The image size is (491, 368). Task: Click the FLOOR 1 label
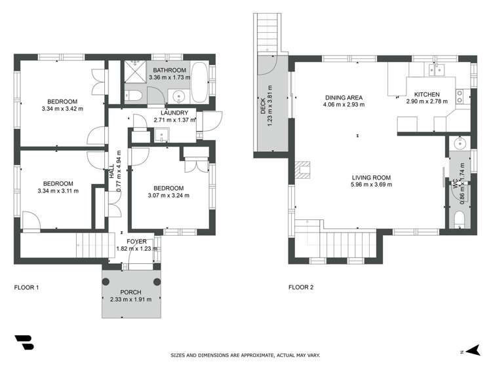27,287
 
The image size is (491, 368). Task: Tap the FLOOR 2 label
302,287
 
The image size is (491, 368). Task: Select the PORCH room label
130,292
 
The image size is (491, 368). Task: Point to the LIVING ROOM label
371,177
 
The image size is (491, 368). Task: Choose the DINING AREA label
344,97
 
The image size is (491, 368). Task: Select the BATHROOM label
169,70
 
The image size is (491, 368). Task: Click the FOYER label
132,241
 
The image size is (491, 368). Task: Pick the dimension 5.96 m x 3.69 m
371,185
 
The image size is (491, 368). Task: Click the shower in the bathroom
134,72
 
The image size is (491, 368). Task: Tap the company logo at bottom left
25,342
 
